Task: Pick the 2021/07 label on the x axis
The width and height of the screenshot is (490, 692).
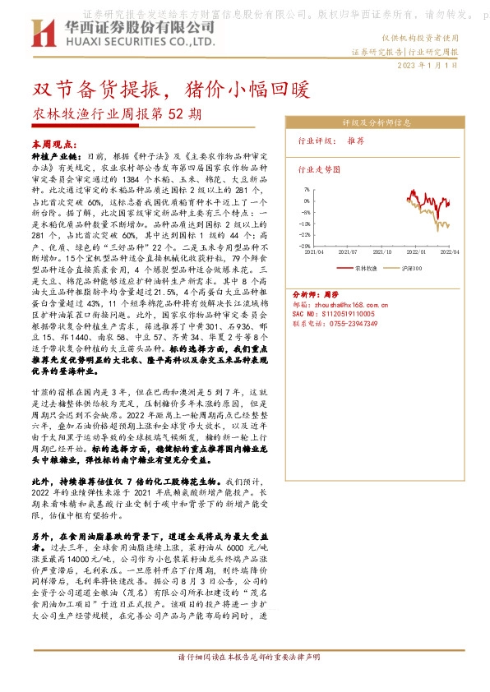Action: coord(351,253)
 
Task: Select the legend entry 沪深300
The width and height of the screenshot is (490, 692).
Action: coord(415,268)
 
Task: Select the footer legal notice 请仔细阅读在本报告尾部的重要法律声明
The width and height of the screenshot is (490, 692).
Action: coord(244,679)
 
